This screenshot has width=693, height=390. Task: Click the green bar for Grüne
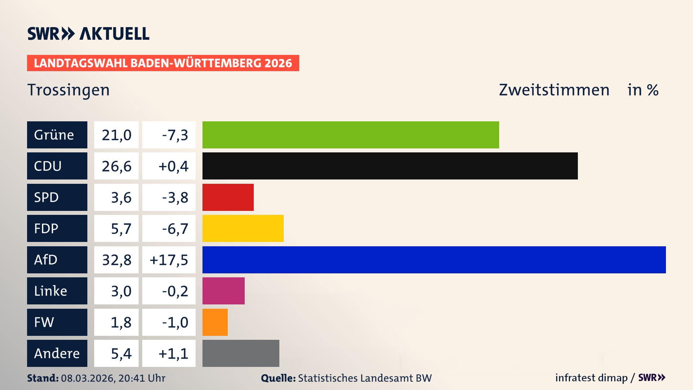(x=350, y=135)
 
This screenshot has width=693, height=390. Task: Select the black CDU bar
(x=390, y=166)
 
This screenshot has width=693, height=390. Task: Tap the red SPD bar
(x=228, y=197)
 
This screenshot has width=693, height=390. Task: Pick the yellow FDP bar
(x=243, y=228)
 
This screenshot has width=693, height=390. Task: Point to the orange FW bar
(x=215, y=322)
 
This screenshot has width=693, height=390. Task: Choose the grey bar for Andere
(x=241, y=353)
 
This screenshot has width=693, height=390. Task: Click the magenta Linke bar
(x=223, y=291)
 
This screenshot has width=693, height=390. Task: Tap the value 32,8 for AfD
(x=117, y=260)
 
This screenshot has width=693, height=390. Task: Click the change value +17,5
(x=169, y=260)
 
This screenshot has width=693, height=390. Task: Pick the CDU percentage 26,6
(x=117, y=166)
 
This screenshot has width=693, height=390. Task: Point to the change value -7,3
(x=175, y=135)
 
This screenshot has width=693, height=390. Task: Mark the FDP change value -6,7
(x=175, y=229)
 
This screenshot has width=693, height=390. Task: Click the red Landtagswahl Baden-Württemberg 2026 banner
(x=163, y=63)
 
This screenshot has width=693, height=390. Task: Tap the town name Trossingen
(x=69, y=90)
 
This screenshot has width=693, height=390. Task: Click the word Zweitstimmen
(x=554, y=90)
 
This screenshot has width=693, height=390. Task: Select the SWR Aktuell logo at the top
(x=88, y=34)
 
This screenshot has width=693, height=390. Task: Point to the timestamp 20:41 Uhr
(x=142, y=378)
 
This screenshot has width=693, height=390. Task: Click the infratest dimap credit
(x=591, y=378)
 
